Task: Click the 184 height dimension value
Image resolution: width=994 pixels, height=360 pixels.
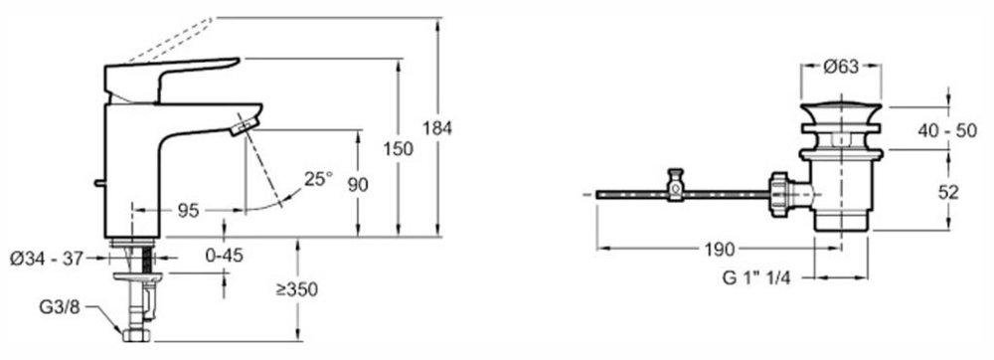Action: [437, 128]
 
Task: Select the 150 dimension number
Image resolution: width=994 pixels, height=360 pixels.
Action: [399, 149]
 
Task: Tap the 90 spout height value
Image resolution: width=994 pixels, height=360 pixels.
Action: [358, 185]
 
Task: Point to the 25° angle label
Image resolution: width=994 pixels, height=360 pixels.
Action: [318, 179]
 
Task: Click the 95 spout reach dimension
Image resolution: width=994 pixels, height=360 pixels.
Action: [188, 211]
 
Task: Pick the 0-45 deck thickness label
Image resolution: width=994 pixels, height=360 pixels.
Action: [225, 256]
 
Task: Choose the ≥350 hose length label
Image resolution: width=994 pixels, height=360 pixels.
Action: [296, 289]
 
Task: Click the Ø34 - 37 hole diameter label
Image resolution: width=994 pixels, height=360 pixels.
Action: [47, 259]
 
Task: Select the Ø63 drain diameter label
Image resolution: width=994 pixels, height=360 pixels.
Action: [841, 66]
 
